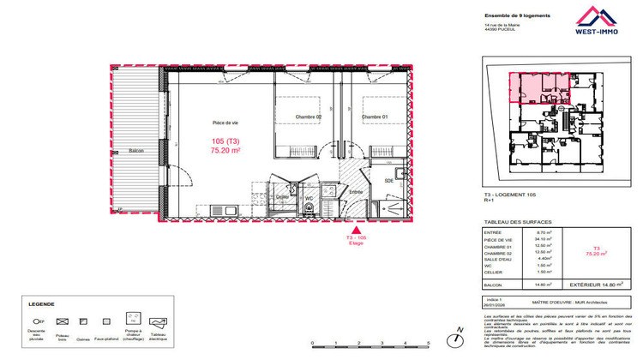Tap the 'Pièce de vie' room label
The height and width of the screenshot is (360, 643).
pyautogui.click(x=225, y=123)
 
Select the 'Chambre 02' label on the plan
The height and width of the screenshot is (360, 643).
pyautogui.click(x=309, y=117)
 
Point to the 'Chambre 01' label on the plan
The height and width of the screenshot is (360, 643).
pyautogui.click(x=375, y=117)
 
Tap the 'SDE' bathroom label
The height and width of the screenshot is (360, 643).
pyautogui.click(x=389, y=181)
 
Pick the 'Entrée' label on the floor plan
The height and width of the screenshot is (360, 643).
pyautogui.click(x=355, y=194)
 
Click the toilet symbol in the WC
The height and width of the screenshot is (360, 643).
pyautogui.click(x=309, y=207)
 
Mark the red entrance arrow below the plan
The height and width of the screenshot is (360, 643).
pyautogui.click(x=355, y=229)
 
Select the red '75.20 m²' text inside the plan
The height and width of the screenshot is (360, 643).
pyautogui.click(x=225, y=150)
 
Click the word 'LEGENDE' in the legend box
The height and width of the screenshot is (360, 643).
pyautogui.click(x=41, y=303)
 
